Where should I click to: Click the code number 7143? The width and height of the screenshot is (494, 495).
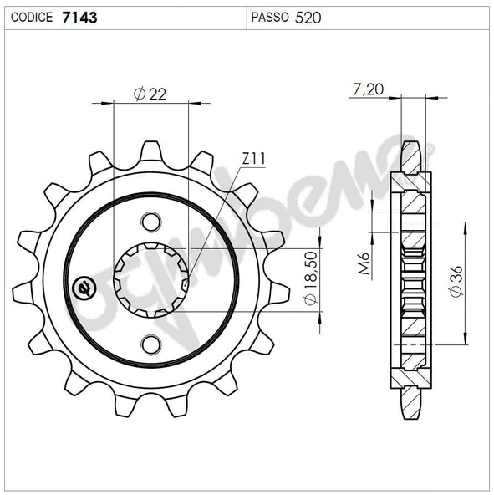point(79,15)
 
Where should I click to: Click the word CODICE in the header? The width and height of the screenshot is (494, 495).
point(33,16)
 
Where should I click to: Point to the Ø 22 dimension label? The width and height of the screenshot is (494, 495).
point(150,94)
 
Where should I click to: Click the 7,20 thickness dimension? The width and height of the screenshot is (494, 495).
point(368,90)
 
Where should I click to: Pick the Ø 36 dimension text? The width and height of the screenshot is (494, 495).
point(455,282)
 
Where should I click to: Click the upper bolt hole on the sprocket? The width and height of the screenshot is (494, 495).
point(150,222)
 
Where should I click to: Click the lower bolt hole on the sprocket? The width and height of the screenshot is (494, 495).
point(150,343)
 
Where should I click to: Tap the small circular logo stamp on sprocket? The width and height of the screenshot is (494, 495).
point(84,286)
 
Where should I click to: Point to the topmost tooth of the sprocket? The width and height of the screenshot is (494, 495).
point(151,151)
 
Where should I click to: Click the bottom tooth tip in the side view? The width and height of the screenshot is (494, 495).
point(411,415)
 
